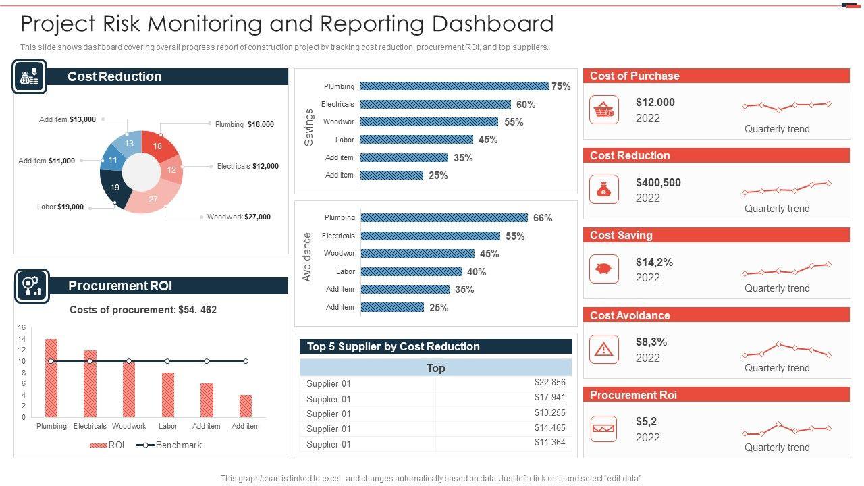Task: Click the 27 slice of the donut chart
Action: (153, 200)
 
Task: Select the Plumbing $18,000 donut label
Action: (244, 124)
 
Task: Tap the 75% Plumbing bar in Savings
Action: (454, 86)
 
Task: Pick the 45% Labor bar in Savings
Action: (416, 140)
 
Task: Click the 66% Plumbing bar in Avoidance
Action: (444, 217)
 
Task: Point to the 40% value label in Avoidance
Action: (477, 272)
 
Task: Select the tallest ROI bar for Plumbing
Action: (51, 378)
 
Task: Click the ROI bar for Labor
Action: (168, 395)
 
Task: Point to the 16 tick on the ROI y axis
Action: (22, 328)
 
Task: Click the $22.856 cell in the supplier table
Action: (549, 383)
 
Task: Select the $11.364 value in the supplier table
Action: (549, 443)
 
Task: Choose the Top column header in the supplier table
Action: (435, 368)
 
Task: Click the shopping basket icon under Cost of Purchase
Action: (603, 110)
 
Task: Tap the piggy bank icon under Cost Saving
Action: (603, 269)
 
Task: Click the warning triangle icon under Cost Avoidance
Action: (603, 349)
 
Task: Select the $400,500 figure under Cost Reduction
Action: (658, 182)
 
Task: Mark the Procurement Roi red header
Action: (716, 395)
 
